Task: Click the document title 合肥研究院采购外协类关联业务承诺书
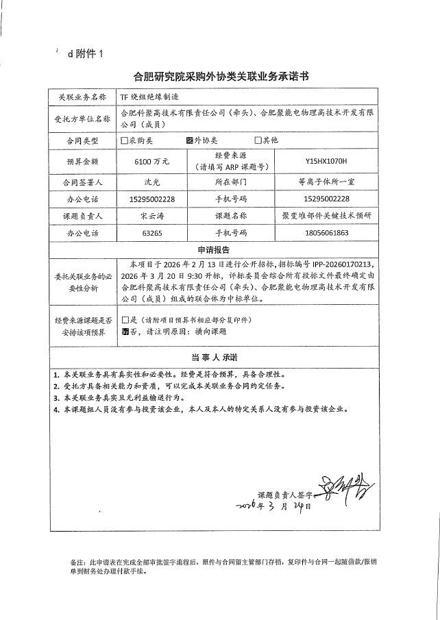click(x=220, y=77)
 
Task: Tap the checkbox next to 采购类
click(x=124, y=140)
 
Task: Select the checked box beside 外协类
click(x=190, y=140)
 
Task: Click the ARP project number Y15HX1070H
click(x=326, y=162)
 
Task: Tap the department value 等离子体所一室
click(x=326, y=183)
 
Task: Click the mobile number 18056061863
click(x=326, y=233)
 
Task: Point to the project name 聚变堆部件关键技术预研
click(x=326, y=216)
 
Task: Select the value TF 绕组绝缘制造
click(x=149, y=97)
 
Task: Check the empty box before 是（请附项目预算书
click(x=124, y=320)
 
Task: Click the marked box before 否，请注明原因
click(x=124, y=331)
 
